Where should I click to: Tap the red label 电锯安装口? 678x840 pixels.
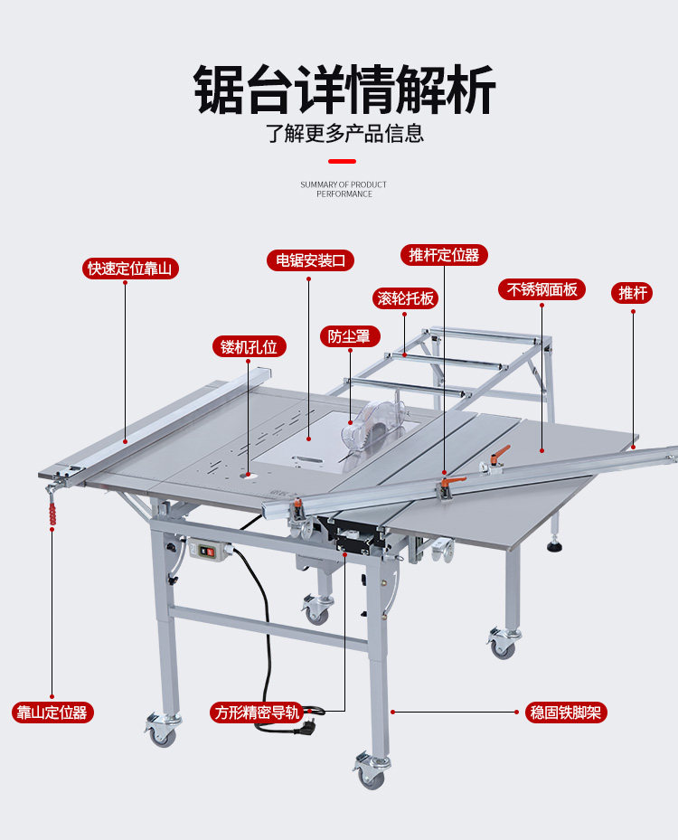[310, 260]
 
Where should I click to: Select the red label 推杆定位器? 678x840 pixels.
[444, 255]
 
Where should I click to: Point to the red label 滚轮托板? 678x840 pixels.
[405, 298]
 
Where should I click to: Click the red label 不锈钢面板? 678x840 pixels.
[541, 289]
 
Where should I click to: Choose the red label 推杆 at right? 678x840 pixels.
[633, 293]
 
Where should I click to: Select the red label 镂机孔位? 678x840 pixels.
[249, 346]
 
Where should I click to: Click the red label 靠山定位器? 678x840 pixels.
[52, 712]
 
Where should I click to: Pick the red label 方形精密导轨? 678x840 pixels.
[256, 712]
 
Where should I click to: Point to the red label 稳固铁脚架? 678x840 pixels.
[567, 713]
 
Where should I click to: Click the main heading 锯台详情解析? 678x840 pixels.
[344, 89]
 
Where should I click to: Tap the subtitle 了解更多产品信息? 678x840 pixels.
[344, 134]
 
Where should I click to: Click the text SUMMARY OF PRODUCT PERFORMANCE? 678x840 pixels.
[344, 189]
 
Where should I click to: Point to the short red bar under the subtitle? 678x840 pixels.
[342, 161]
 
